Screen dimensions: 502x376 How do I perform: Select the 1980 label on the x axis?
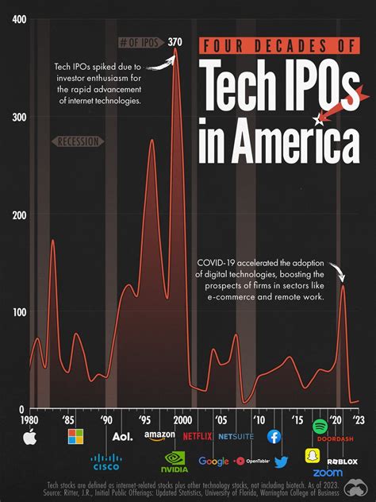pos(30,419)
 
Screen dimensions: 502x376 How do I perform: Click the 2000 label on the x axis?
pos(181,419)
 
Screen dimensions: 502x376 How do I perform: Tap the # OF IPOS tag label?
pos(139,43)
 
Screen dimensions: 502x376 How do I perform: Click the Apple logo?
pos(30,437)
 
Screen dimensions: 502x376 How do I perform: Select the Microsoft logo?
pos(75,437)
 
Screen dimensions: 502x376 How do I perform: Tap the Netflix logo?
pos(198,436)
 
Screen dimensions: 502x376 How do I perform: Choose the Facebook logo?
pos(274,436)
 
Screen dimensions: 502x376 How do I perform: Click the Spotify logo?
pos(320,427)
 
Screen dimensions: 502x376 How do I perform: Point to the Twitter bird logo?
pos(281,461)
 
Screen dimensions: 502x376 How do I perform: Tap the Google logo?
pos(214,461)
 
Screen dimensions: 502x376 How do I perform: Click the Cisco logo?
pos(106,462)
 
